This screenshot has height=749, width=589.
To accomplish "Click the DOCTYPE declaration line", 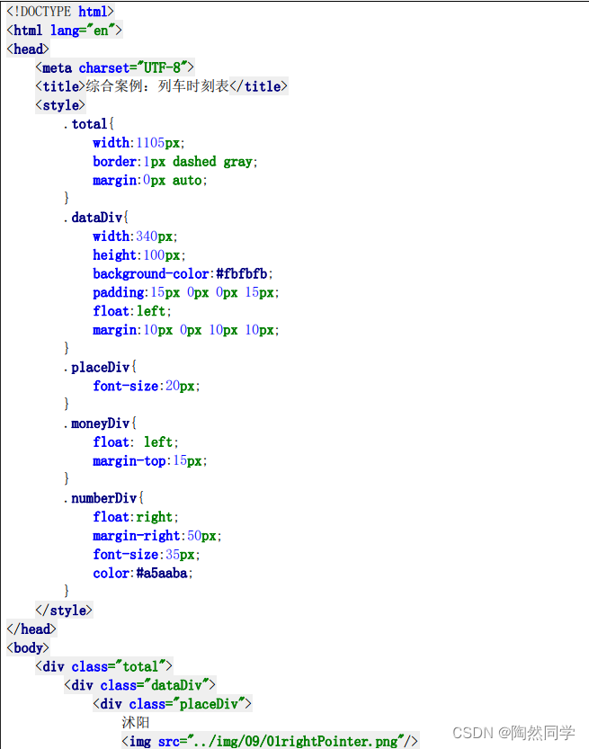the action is tap(60, 12).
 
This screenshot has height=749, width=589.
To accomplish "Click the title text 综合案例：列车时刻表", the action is tap(157, 87).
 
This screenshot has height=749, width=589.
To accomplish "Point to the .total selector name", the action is tap(88, 124).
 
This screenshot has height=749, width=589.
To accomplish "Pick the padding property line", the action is tap(185, 292).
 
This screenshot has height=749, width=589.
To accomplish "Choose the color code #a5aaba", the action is tap(164, 573).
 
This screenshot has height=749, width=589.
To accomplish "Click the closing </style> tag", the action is tap(64, 611).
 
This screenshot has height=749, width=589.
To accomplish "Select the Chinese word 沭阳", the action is tap(136, 723).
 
